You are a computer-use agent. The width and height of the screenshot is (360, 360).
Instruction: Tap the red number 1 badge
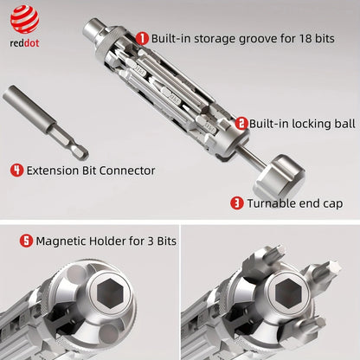142,37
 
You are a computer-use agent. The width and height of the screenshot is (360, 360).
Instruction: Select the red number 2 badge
241,124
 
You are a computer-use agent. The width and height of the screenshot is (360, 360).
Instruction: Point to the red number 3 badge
235,203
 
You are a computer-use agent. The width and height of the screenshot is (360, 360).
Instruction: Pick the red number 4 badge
16,170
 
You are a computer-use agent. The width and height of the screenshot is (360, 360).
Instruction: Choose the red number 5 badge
26,241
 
